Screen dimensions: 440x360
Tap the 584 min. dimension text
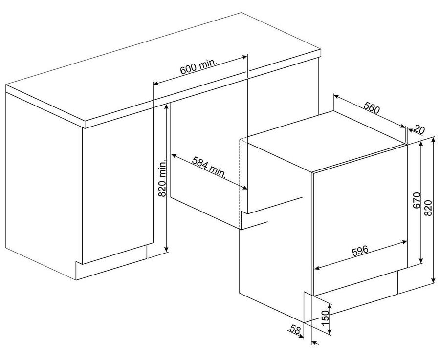209,167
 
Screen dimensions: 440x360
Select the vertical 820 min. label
162,178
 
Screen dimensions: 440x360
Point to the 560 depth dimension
372,107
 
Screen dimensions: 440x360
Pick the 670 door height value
417,200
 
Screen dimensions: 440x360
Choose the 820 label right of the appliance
428,208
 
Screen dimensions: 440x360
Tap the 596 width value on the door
360,250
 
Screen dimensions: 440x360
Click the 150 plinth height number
325,318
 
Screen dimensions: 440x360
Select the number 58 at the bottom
295,330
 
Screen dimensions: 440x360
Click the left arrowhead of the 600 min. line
155,83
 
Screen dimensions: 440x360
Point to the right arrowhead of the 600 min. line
245,57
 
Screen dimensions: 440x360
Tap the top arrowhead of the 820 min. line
167,106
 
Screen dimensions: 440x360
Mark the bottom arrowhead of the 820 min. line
167,249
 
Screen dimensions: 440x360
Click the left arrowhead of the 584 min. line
174,155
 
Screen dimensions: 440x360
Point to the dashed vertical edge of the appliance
240,183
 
